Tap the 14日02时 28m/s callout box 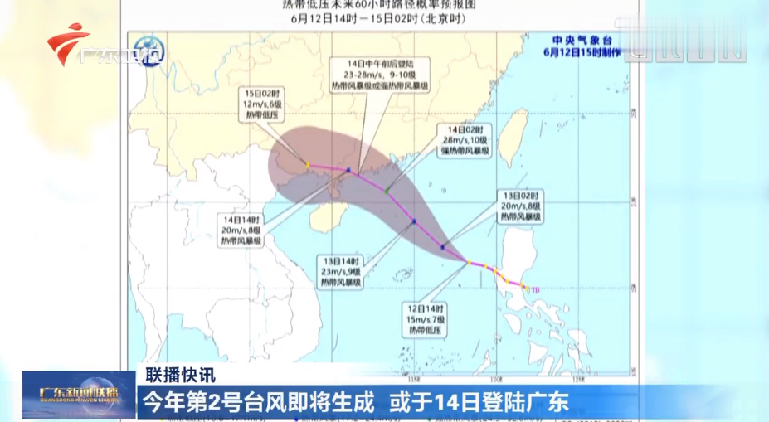[467, 142]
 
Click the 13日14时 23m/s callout [340, 271]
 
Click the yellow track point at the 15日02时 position [307, 165]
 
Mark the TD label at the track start [535, 289]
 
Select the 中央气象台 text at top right [582, 39]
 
